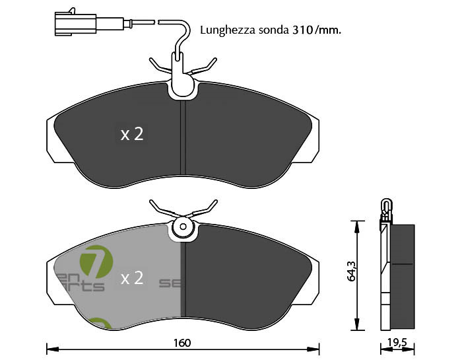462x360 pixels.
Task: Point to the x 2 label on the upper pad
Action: [x=132, y=134]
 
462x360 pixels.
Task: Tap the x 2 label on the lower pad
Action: [x=132, y=278]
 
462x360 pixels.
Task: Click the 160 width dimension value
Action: [x=182, y=342]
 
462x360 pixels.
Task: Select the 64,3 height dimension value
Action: [x=352, y=271]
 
